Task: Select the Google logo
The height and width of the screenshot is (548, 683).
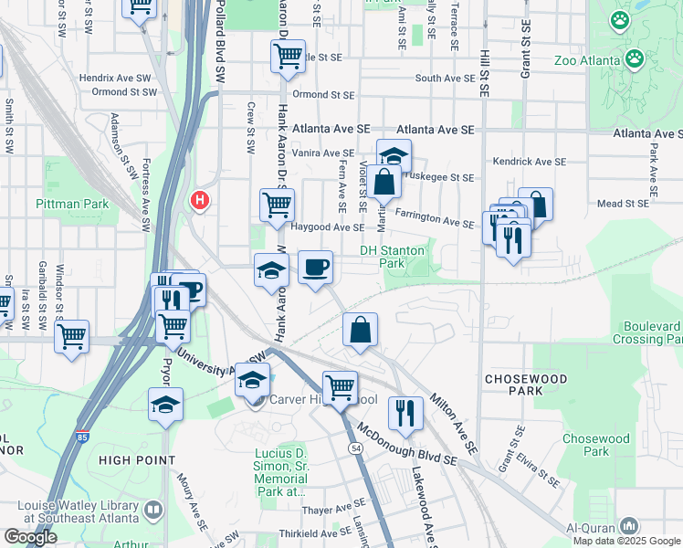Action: [x=30, y=537]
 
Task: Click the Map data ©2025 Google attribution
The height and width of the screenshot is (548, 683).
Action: [x=626, y=540]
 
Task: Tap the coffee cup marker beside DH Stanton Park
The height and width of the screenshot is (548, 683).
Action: [x=316, y=268]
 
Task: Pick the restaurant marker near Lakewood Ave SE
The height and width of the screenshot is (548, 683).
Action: [x=405, y=413]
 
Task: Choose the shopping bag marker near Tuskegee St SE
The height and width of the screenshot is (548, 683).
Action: [x=385, y=183]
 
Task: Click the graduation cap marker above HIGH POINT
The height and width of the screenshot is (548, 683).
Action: [x=166, y=404]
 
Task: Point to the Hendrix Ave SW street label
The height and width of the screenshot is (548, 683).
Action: [x=118, y=79]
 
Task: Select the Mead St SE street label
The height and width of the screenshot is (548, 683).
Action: [x=625, y=204]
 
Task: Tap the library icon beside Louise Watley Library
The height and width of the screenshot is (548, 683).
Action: [x=153, y=509]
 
